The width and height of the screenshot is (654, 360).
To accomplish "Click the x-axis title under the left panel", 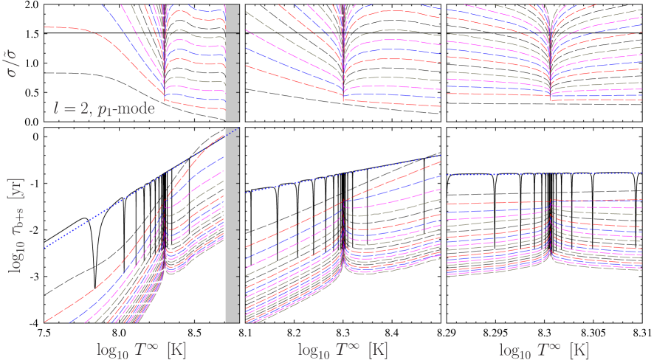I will [x=141, y=348].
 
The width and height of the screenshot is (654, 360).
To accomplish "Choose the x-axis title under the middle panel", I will [x=343, y=348].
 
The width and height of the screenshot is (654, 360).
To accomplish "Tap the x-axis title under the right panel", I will [x=543, y=348].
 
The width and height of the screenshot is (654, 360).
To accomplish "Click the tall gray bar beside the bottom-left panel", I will [x=231, y=226].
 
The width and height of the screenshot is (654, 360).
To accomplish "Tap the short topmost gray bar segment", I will [x=231, y=18].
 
